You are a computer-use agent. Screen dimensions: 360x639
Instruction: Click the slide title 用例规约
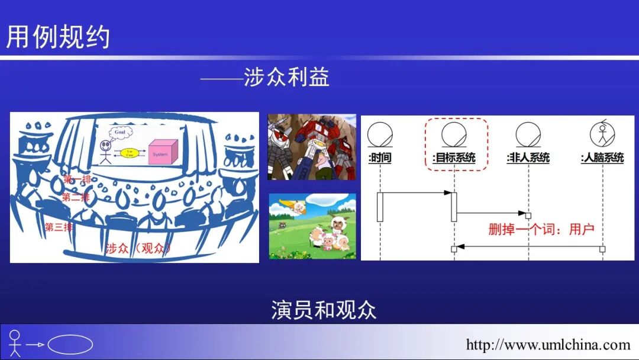(58, 37)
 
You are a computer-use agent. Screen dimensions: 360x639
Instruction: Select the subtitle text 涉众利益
(286, 78)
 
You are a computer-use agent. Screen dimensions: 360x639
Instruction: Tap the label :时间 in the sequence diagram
(379, 158)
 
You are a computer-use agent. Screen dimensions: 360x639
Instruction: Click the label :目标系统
(454, 158)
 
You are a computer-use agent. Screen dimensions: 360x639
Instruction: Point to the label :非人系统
(528, 158)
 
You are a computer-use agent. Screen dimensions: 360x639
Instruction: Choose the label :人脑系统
(602, 158)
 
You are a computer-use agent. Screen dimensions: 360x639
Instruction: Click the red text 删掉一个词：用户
(541, 229)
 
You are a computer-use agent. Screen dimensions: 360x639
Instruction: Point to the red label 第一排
(77, 179)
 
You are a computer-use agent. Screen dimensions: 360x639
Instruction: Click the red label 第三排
(59, 227)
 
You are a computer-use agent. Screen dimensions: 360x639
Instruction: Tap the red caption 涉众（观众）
(138, 248)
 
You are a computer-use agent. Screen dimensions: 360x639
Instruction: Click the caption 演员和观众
(324, 310)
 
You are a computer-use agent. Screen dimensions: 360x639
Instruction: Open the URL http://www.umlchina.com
(548, 345)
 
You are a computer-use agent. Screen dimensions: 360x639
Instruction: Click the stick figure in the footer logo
(15, 343)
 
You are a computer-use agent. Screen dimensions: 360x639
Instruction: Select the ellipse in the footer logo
(70, 345)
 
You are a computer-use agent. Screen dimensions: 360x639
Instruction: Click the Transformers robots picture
(312, 147)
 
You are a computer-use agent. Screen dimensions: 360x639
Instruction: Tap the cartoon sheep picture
(312, 226)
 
